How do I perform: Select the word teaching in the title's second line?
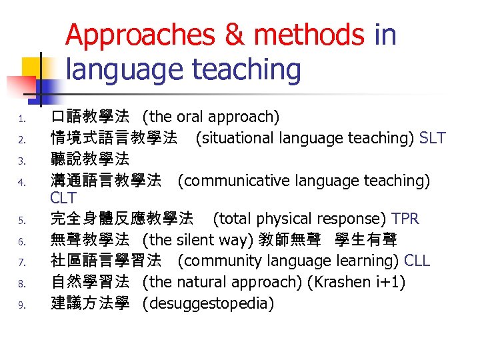(x=243, y=69)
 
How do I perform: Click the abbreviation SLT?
(x=433, y=139)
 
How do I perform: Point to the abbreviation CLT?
(x=64, y=198)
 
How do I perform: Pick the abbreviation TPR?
(x=405, y=219)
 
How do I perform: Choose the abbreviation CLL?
(x=417, y=261)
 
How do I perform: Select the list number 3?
(x=22, y=161)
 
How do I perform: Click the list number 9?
(x=22, y=305)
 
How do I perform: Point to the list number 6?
(x=22, y=241)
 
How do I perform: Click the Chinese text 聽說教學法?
(x=91, y=159)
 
